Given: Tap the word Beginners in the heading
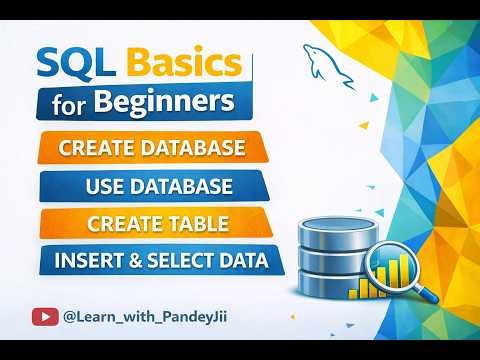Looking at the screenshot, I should tap(173, 103).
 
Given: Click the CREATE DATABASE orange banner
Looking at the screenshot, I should tap(152, 149).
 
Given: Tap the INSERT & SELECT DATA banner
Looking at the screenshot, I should tap(161, 261).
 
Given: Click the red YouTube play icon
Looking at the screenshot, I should tap(45, 316).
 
